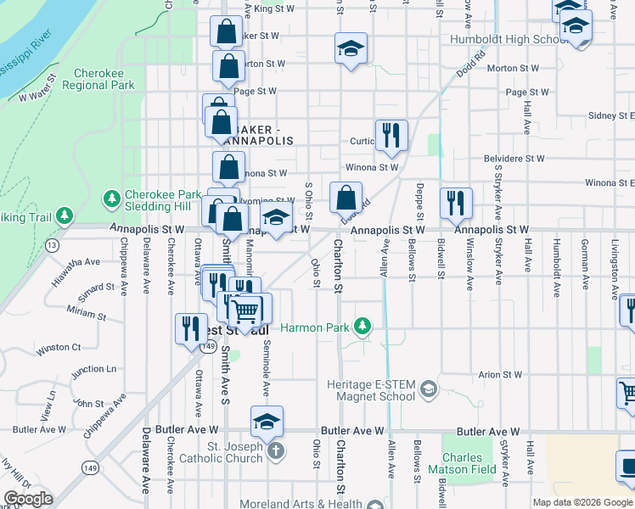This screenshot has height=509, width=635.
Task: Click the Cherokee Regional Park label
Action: pos(104,80)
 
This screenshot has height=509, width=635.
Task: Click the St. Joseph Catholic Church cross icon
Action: pos(275,450)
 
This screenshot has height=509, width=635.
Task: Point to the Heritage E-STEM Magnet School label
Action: pos(372,390)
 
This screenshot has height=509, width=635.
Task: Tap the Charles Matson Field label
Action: pos(469,462)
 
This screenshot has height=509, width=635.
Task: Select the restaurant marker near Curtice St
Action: pos(391,135)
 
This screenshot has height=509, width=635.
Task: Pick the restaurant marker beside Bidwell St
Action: pos(456,203)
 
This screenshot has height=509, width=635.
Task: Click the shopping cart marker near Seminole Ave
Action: pos(248,310)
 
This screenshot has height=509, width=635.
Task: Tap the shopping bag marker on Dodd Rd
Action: pos(346,199)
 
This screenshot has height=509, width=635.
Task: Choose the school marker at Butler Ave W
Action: pos(267,422)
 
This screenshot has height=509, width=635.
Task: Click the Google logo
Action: pos(29,499)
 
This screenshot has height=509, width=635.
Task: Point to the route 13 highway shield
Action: pos(53,245)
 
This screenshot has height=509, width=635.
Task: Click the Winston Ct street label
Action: pos(59,347)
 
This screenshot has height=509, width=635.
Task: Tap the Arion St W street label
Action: pos(500,374)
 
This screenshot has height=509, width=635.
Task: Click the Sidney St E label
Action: pos(611,115)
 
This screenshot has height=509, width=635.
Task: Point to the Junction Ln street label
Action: pos(93,370)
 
